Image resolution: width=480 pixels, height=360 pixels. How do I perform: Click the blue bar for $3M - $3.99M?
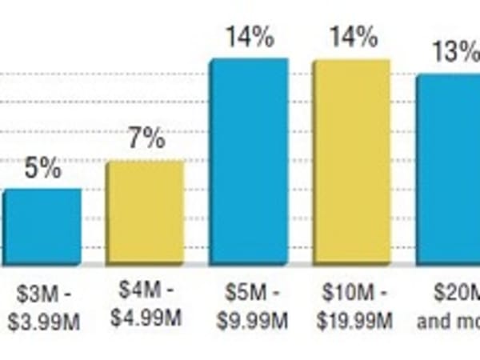click(42, 226)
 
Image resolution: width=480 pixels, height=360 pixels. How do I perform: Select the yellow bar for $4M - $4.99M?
click(146, 212)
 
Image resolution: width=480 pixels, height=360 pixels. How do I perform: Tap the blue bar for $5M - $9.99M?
click(248, 160)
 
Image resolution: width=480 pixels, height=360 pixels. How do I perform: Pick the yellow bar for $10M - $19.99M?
click(351, 160)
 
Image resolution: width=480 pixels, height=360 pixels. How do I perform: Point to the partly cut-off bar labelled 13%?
click(448, 168)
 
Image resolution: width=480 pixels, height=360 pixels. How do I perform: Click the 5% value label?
click(42, 169)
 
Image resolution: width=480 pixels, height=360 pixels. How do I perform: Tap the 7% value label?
click(146, 139)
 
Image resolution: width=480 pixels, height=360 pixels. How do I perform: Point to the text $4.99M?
click(146, 317)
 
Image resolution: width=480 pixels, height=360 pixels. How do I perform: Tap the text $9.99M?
click(251, 321)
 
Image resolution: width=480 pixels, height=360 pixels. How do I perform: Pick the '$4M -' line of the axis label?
click(146, 288)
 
